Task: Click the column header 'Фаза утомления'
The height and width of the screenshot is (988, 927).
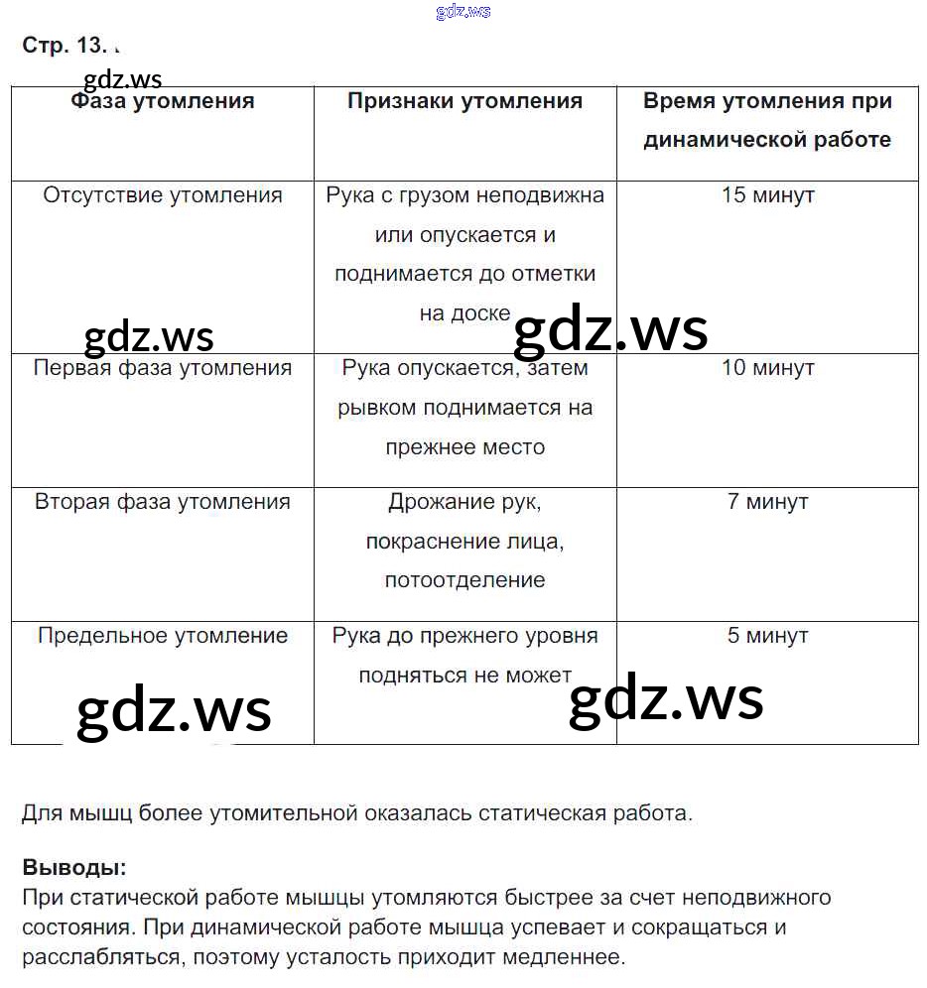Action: pos(163,101)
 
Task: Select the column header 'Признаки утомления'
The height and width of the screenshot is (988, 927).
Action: pos(464,101)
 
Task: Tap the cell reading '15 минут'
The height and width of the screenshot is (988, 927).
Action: pos(767,195)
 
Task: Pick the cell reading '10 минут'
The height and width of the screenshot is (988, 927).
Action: pos(767,368)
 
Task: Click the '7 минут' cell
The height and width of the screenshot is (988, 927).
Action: pos(767,502)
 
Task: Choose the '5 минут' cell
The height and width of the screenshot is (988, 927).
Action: pos(767,636)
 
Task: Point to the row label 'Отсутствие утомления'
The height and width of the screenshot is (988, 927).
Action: pos(163,195)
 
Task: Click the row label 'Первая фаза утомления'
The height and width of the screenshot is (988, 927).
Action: pos(163,368)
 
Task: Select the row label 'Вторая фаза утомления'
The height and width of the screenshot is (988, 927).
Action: pos(163,502)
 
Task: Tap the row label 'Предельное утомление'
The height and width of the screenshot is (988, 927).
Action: pos(163,636)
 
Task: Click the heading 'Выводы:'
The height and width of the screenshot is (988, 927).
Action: pos(74,868)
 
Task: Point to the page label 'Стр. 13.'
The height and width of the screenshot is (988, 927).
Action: pos(59,47)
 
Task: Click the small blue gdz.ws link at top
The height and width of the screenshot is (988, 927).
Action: pos(463,12)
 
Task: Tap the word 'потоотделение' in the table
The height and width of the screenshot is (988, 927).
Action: pos(464,580)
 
